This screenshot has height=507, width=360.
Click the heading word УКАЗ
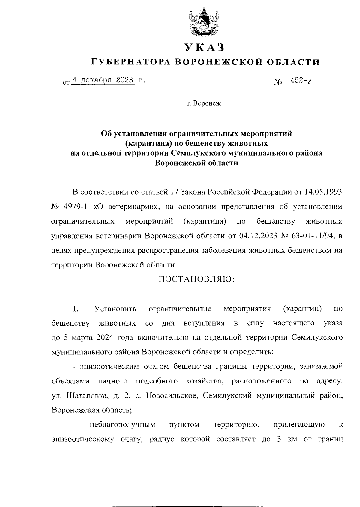tap(205, 47)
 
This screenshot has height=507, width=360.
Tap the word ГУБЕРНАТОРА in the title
tap(131, 62)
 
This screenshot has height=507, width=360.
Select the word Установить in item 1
tap(115, 309)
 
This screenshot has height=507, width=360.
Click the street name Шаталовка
tap(86, 396)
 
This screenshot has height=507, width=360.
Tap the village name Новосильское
tap(172, 396)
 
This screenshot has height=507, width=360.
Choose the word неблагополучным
tap(122, 425)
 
